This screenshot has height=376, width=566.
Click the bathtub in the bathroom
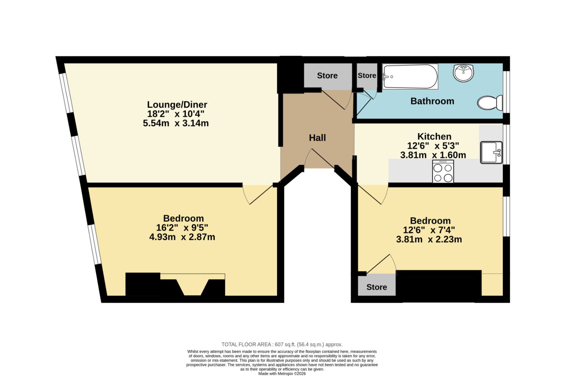410,76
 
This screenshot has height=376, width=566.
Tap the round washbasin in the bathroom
463,73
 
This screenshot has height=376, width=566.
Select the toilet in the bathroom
490,103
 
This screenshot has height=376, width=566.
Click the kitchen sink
491,153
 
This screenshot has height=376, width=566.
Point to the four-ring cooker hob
443,171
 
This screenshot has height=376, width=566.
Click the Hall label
317,138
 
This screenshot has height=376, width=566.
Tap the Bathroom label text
432,101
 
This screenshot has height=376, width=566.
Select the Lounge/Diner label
177,104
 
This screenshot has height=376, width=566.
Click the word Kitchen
434,137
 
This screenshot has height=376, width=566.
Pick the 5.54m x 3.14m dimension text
176,124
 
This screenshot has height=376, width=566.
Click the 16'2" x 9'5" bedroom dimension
182,228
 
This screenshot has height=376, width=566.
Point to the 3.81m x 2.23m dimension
429,239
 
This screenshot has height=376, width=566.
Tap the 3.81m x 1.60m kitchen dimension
433,155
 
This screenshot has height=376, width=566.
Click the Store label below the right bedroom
376,287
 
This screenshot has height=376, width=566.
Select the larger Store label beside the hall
327,76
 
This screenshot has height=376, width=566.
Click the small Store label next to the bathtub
367,76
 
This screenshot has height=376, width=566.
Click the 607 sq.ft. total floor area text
282,344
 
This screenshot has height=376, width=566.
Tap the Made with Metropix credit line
282,374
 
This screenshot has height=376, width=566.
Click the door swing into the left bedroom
258,194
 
